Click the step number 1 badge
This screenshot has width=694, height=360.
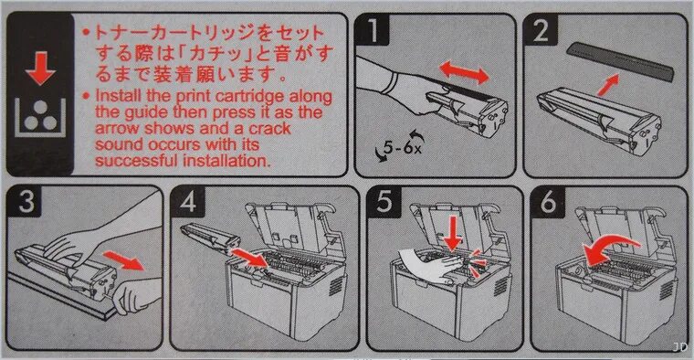373,30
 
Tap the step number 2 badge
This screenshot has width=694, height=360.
541,30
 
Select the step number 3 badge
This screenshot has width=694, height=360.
26,202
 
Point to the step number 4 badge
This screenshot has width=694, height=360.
188,202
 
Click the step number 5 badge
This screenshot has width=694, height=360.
384,202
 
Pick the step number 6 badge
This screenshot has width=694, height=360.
548,202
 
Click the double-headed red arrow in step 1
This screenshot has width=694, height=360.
464,72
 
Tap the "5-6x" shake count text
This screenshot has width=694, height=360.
403,147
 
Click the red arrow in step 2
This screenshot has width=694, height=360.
607,85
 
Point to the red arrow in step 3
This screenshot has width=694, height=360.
124,259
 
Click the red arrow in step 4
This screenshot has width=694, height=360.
250,258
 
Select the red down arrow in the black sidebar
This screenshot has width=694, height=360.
40,69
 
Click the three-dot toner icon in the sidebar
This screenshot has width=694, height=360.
40,117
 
